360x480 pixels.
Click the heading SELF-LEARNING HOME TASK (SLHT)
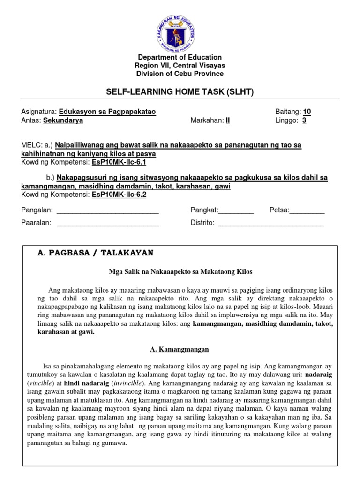tap(180, 92)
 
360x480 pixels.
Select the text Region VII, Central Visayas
tap(180, 66)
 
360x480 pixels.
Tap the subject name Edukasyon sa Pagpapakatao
tap(107, 112)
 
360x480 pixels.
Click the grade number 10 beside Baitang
tap(307, 112)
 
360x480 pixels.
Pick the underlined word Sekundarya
tap(63, 120)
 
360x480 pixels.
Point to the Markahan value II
tap(228, 120)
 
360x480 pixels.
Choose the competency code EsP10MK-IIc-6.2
tap(120, 195)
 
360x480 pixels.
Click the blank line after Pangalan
tap(107, 210)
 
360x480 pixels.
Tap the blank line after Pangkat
tap(236, 210)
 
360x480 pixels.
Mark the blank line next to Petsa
tap(307, 210)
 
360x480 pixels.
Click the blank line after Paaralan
tap(108, 223)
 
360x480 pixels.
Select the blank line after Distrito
tap(271, 223)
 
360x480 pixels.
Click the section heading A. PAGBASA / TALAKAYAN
tap(95, 253)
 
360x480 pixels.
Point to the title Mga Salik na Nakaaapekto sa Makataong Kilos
tap(180, 272)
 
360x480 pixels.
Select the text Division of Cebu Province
tap(180, 74)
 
